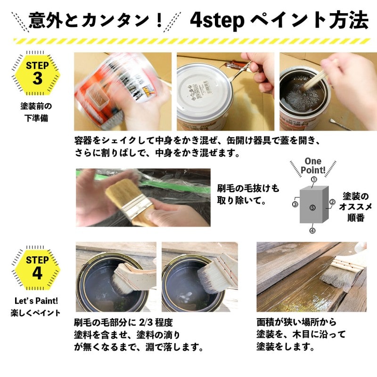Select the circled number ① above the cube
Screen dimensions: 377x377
313,180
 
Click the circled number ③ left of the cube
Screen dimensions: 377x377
295,205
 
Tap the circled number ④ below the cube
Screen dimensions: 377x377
312,230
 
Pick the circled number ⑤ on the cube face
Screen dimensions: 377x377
312,207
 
